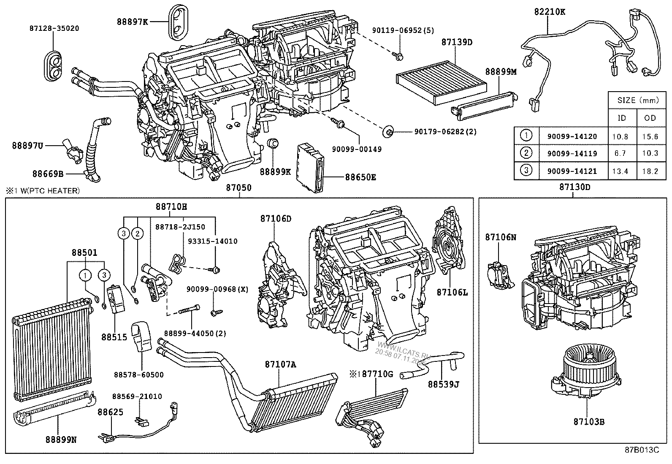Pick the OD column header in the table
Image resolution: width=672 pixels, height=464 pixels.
coord(650,118)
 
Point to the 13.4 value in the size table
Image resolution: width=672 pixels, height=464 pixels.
coord(620,171)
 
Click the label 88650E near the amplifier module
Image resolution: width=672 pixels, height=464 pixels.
coord(360,178)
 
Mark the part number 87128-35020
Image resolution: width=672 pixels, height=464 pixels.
coord(54,28)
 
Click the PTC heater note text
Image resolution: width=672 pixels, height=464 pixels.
coord(43,191)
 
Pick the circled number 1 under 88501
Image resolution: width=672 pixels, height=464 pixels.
coord(86,276)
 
